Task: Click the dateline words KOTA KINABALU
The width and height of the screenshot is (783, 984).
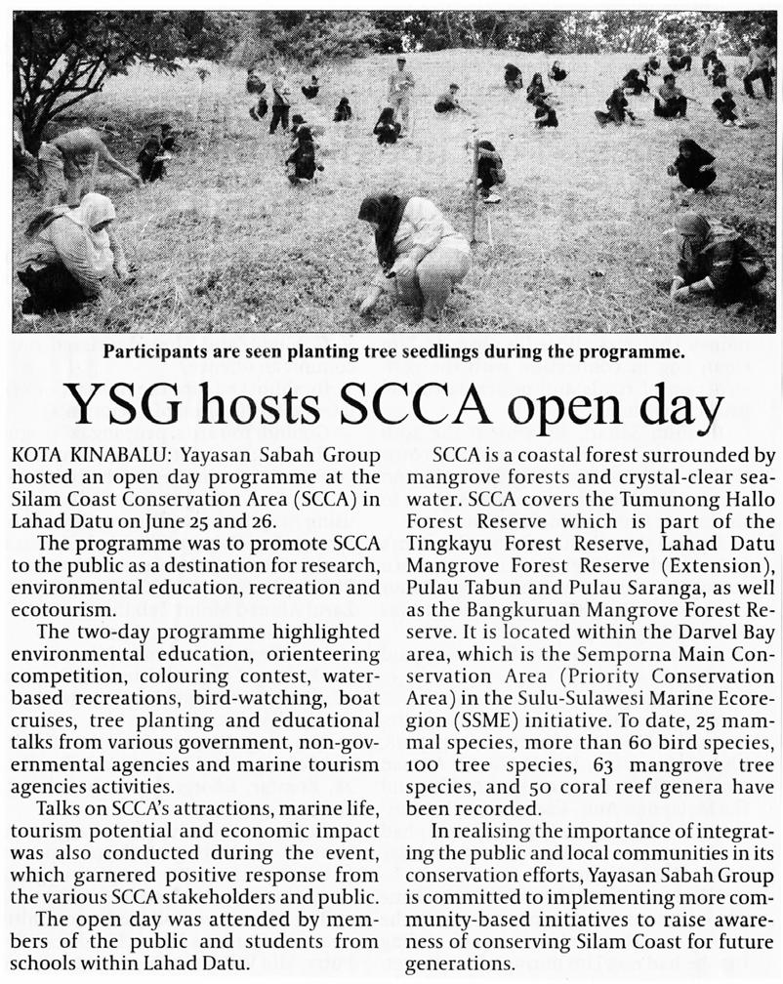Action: pos(71,455)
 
